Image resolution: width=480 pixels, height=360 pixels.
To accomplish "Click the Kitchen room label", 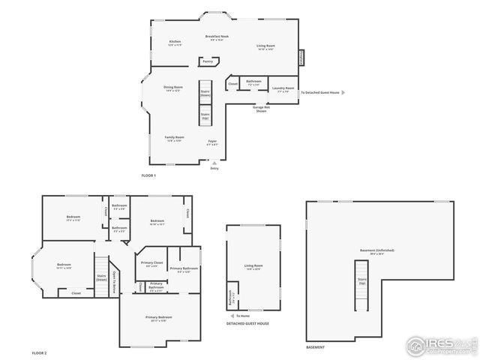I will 175,43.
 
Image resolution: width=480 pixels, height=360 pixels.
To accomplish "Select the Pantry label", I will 208,61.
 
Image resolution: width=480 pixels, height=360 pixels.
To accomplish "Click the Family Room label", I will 174,139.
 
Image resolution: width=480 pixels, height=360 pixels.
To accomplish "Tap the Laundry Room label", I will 283,88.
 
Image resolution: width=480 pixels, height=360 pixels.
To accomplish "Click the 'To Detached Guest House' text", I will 319,93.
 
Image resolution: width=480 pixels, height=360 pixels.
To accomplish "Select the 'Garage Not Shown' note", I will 261,109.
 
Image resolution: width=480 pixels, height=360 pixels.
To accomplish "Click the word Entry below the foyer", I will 214,168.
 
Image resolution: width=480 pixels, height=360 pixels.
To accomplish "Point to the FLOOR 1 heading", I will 148,175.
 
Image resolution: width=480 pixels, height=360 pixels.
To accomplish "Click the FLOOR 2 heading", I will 39,352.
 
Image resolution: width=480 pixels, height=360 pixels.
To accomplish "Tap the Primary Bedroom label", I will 159,318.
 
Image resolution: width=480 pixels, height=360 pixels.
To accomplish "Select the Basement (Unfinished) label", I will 376,250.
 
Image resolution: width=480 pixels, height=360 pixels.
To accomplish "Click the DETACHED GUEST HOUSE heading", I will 247,323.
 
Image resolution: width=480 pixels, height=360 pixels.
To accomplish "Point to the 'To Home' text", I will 242,316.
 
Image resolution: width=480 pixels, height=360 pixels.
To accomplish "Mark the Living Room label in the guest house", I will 253,266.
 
